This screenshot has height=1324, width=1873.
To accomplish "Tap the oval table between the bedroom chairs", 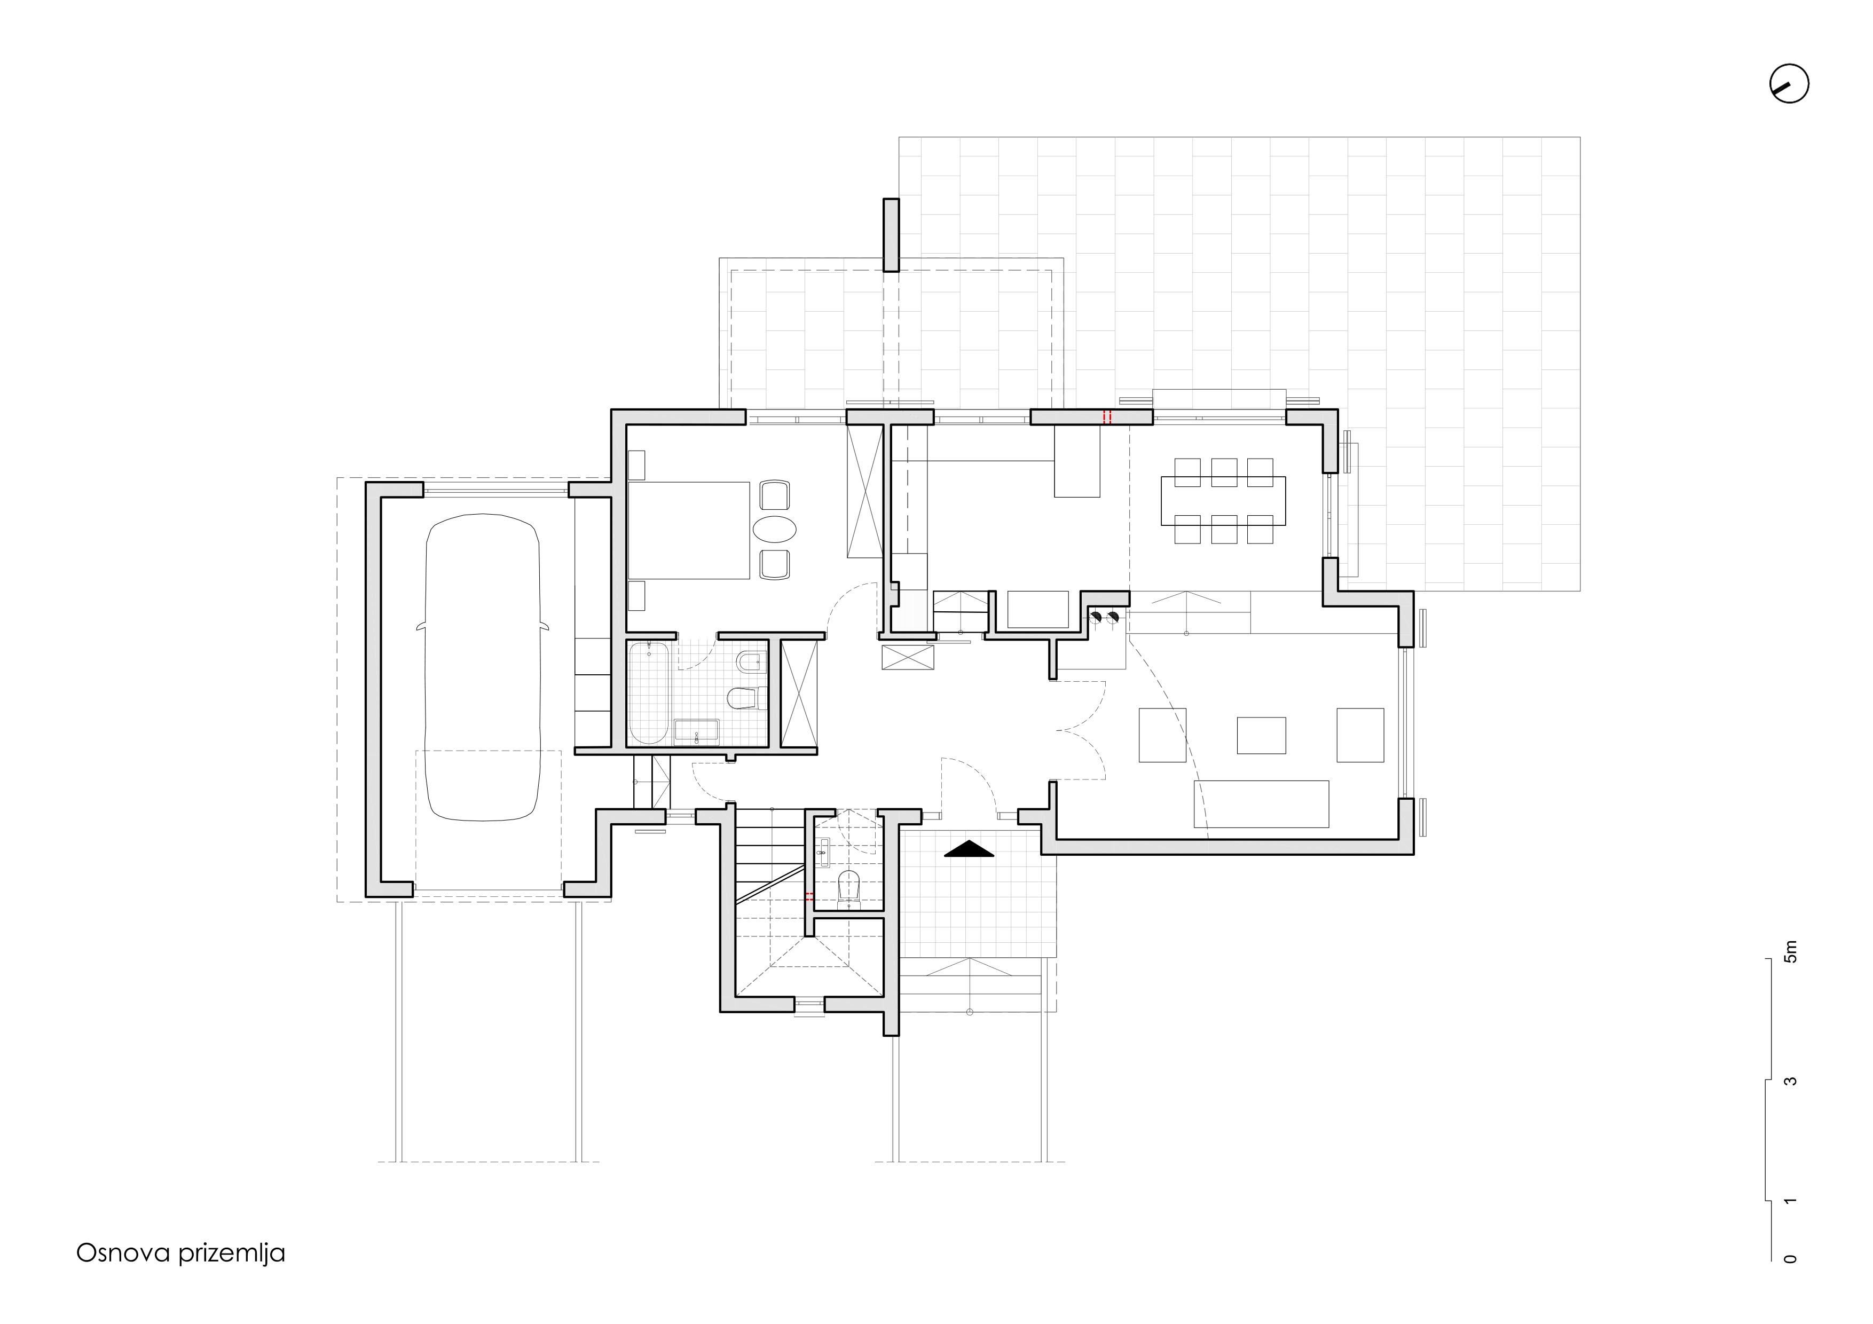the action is coord(774,530).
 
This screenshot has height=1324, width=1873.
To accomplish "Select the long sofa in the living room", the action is coord(1261,803).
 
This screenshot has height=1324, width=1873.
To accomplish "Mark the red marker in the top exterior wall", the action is coord(1107,417).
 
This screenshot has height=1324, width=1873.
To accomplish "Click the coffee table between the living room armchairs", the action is coord(1261,735).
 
